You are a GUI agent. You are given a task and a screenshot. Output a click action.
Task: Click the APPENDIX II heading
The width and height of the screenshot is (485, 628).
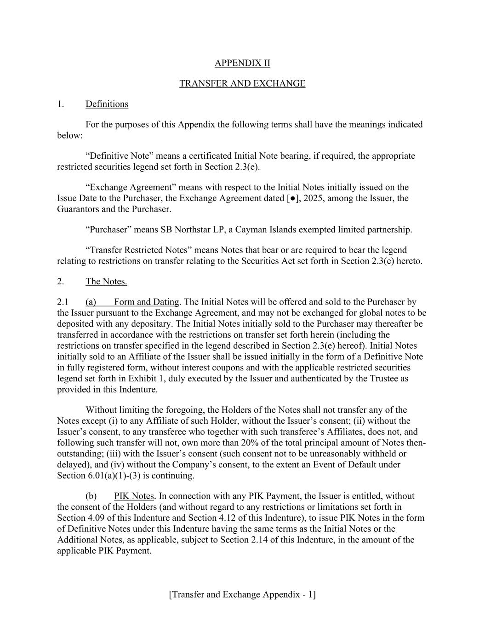242,63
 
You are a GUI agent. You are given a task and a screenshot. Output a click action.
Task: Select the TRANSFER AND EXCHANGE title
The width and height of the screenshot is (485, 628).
242,83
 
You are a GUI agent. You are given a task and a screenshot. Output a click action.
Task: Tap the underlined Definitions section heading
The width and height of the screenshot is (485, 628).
107,104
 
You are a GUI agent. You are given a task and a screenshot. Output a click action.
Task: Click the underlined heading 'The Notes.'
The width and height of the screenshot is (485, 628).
106,282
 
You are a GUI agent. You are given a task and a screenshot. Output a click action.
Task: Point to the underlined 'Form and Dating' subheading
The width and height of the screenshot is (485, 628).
146,302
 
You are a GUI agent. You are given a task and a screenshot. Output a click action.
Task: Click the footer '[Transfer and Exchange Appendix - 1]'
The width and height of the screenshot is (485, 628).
242,594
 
